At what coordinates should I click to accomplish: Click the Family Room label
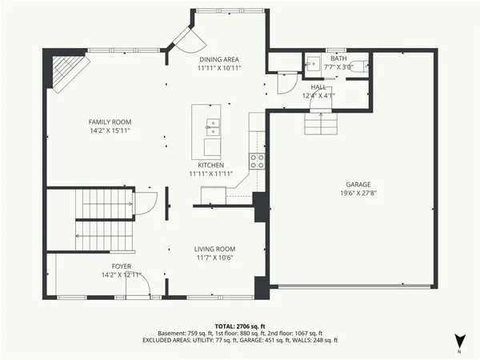pos(110,122)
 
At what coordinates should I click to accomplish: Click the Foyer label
pos(122,266)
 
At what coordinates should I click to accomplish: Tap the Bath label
pos(339,58)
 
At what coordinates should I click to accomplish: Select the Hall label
pos(318,86)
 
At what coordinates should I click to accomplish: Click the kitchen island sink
pos(213,125)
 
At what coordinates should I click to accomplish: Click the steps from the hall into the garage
pos(320,123)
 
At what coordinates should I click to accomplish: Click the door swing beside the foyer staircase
pos(144,203)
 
